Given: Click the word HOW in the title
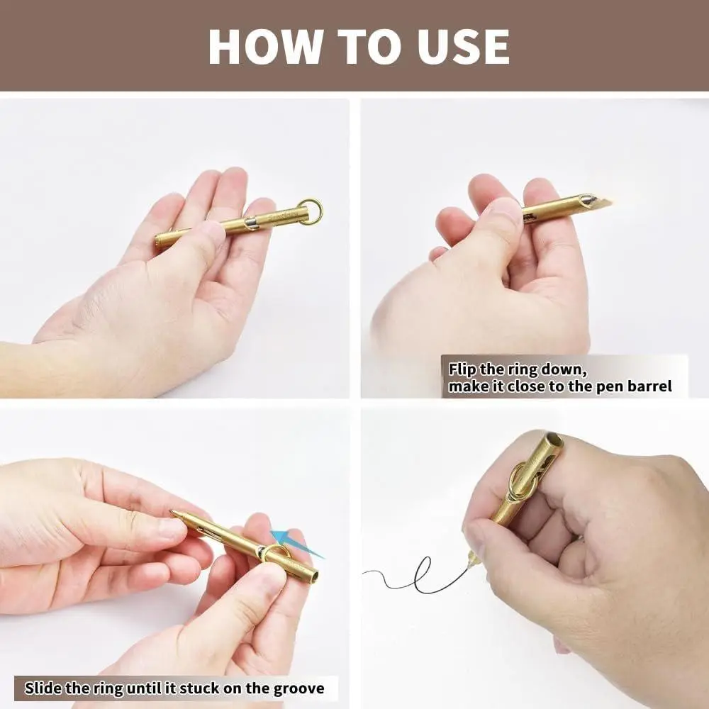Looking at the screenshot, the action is [265, 47].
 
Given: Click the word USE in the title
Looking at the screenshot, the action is [464, 47].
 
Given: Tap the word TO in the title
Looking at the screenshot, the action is [369, 47].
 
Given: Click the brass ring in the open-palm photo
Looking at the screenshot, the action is [311, 211].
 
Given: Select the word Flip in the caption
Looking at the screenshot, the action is [462, 370].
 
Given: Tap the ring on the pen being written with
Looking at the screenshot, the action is [523, 481].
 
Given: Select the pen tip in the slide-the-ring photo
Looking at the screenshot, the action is [175, 513].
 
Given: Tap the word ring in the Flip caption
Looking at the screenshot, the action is [523, 370].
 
